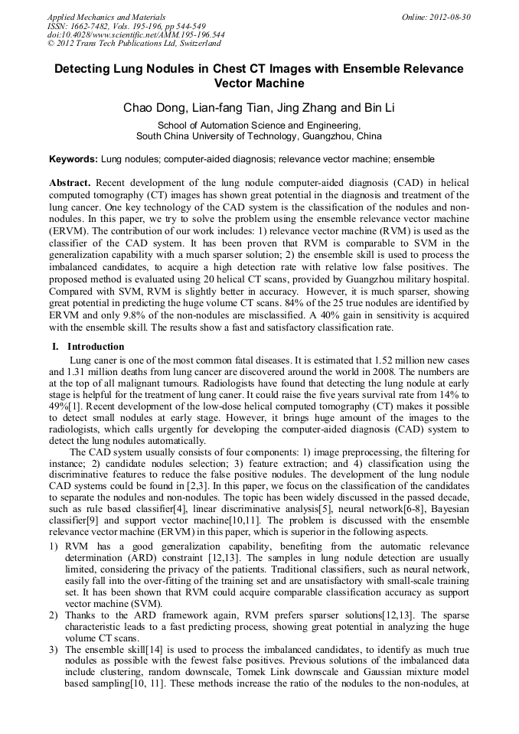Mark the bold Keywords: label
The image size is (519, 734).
tap(73, 159)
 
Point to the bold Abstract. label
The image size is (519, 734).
tap(70, 184)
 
